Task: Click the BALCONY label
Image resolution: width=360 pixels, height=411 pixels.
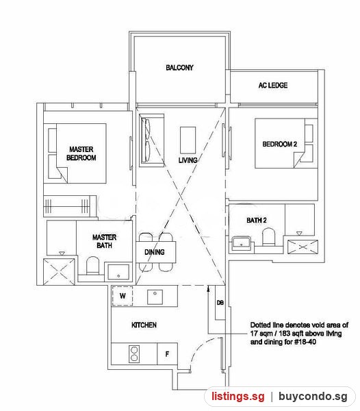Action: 179,68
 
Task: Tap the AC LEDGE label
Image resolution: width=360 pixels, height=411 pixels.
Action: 273,85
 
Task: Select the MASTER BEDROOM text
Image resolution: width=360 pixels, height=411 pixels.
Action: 81,153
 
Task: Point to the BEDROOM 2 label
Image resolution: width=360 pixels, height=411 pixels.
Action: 280,144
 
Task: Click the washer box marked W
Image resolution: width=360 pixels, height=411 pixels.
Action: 123,296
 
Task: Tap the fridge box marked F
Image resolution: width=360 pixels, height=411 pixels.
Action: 167,354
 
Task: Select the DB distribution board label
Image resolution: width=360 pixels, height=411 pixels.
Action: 220,303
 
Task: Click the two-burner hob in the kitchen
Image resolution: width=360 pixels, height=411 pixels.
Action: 134,354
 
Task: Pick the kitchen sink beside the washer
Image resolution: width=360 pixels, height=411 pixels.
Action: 155,297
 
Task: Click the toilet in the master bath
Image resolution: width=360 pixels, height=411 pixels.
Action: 92,265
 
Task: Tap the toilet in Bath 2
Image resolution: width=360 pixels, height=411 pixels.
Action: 268,237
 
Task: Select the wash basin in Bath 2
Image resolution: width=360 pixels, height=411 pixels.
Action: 241,243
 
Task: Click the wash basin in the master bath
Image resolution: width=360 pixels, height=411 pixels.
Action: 118,273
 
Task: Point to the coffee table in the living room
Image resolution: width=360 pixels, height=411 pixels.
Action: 188,140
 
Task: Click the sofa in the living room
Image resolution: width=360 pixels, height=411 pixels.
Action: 151,140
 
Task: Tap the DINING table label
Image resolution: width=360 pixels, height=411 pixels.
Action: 155,252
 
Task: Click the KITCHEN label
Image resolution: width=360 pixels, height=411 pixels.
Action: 144,325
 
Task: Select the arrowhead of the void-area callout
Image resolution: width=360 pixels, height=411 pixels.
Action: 208,289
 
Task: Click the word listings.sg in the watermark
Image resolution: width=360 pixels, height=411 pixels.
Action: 238,396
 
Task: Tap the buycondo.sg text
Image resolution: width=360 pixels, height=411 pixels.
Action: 313,396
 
